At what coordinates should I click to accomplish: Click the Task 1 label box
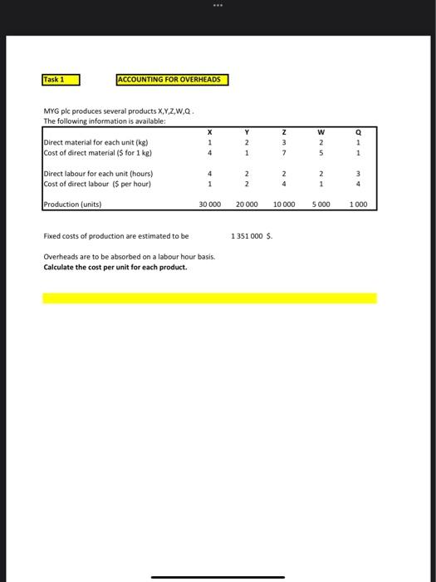point(61,80)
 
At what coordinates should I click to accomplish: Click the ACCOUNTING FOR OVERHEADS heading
point(172,80)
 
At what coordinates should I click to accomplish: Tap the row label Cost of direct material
point(96,152)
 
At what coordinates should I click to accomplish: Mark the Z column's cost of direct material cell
point(284,152)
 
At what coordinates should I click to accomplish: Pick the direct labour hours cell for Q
point(357,174)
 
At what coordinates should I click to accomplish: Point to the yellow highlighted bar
point(209,298)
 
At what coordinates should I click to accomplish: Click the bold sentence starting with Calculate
point(115,267)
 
